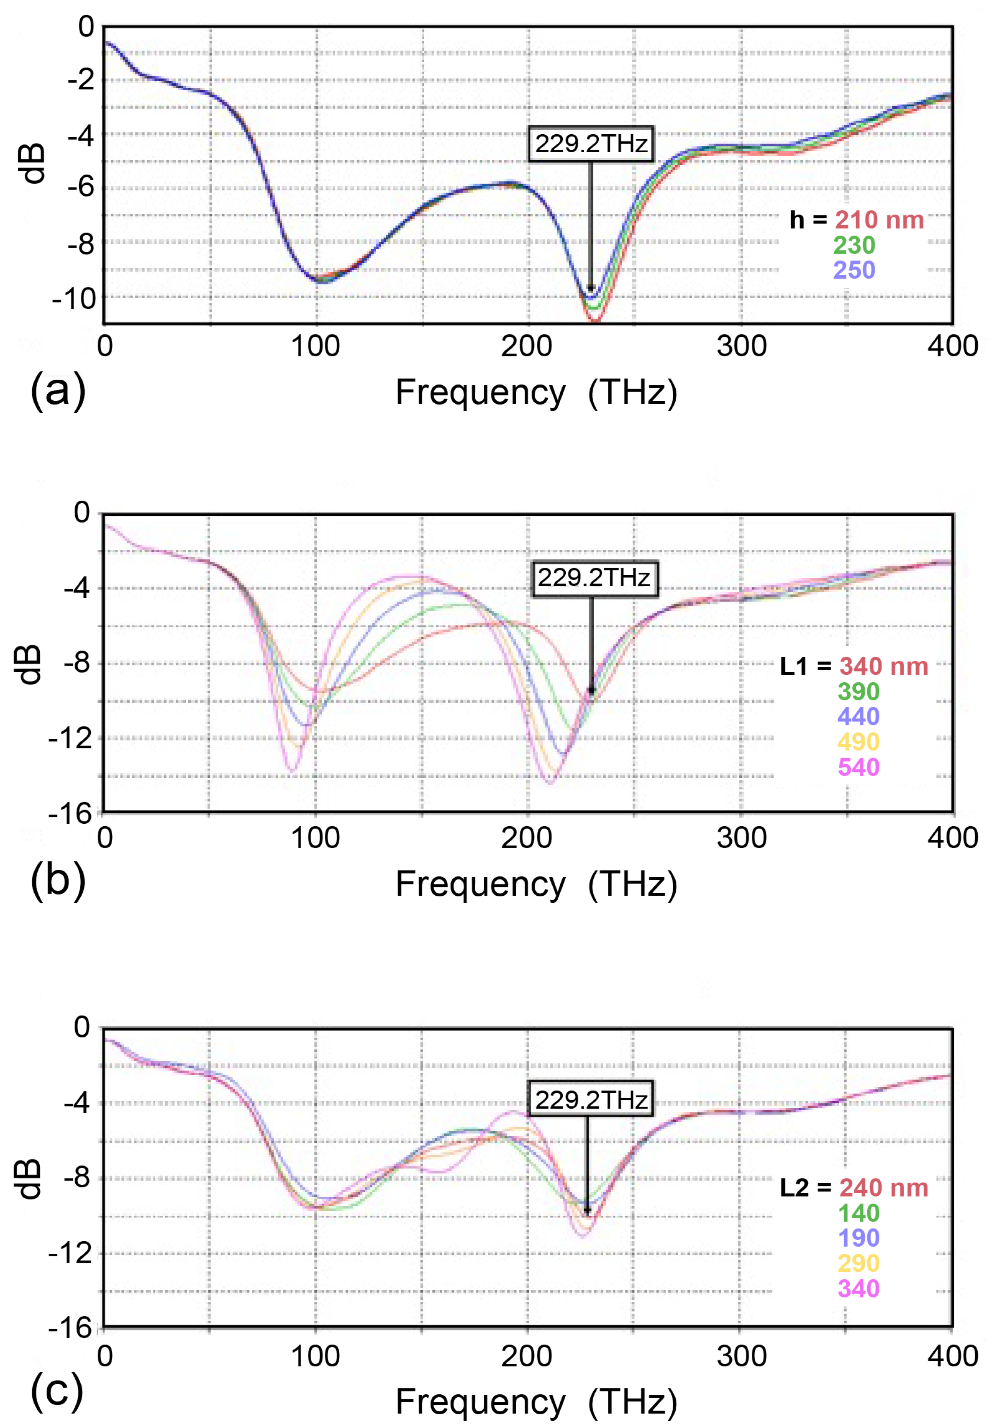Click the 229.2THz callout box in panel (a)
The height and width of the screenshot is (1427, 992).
click(x=590, y=144)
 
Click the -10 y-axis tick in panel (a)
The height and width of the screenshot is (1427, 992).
click(x=73, y=300)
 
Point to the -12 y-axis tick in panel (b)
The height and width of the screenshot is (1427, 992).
click(x=69, y=739)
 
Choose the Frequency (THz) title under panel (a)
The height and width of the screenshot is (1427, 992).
click(x=536, y=393)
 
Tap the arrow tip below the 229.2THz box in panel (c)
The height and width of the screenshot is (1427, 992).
click(x=587, y=1212)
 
